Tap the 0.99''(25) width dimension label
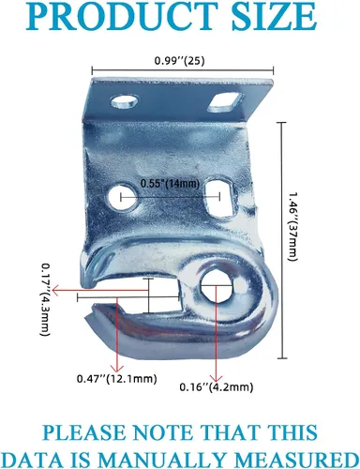[x=179, y=60]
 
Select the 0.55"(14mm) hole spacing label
[x=170, y=184]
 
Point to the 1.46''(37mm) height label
[x=292, y=226]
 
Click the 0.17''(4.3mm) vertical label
[x=46, y=300]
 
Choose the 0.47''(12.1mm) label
[x=116, y=379]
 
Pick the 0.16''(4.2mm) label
[x=216, y=387]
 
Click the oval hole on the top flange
[x=124, y=102]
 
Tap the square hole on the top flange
[x=225, y=102]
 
